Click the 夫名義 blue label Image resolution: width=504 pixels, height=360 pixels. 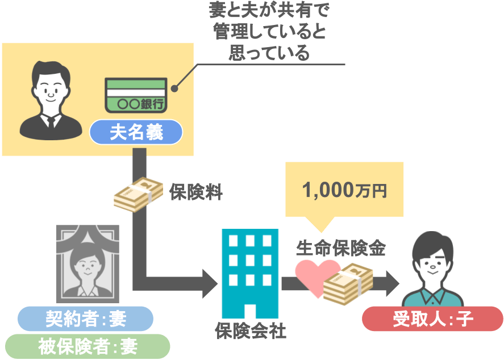[136, 132]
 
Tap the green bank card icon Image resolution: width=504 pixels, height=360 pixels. [136, 95]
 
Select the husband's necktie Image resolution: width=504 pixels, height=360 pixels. [51, 122]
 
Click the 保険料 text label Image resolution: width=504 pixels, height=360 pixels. [196, 192]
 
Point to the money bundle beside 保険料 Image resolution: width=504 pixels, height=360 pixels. [138, 195]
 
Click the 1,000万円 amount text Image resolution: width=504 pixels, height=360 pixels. [344, 190]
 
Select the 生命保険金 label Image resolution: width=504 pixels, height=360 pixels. [341, 248]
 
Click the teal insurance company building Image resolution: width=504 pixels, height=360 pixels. [250, 273]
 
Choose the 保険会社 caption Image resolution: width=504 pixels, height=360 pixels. [250, 331]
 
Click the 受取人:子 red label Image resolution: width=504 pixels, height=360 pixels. [432, 319]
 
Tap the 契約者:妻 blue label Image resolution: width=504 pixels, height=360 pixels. [85, 319]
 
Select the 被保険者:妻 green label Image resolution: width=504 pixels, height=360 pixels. [88, 346]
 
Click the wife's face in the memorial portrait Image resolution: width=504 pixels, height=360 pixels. [88, 266]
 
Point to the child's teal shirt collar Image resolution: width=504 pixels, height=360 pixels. [432, 295]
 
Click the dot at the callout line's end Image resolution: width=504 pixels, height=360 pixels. [174, 89]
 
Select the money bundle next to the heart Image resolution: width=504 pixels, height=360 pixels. [348, 284]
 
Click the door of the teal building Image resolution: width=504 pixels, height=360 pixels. [250, 311]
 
